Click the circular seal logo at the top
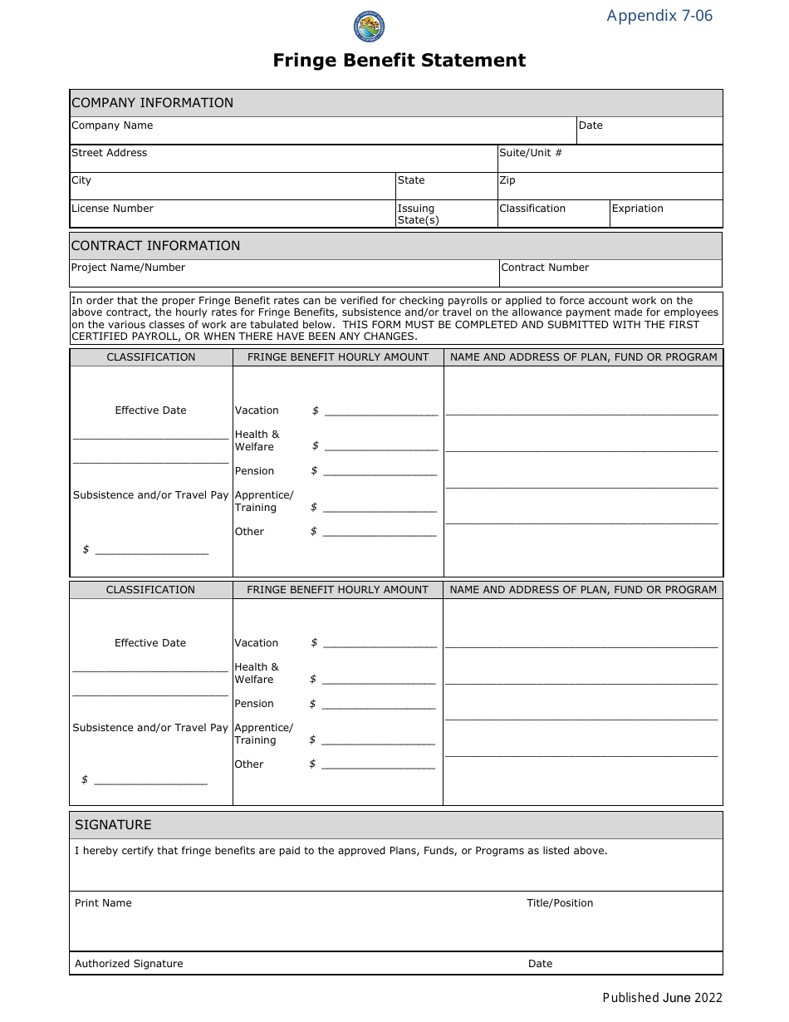click(x=370, y=27)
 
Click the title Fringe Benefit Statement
click(x=399, y=61)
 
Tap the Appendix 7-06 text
click(x=659, y=16)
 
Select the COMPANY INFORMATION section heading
click(x=152, y=103)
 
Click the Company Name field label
click(x=112, y=125)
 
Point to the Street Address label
click(x=109, y=153)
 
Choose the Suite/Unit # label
click(x=530, y=153)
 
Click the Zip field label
click(x=507, y=180)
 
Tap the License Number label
click(x=112, y=209)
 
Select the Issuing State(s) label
click(x=418, y=214)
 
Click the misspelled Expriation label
click(x=637, y=209)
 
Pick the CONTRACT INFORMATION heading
click(x=155, y=246)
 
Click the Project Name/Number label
click(x=128, y=268)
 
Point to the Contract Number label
click(x=545, y=268)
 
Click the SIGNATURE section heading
click(x=113, y=825)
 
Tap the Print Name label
click(x=103, y=903)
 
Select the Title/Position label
click(x=560, y=903)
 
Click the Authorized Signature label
click(x=129, y=964)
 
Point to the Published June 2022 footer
click(x=662, y=998)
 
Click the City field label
click(x=81, y=180)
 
